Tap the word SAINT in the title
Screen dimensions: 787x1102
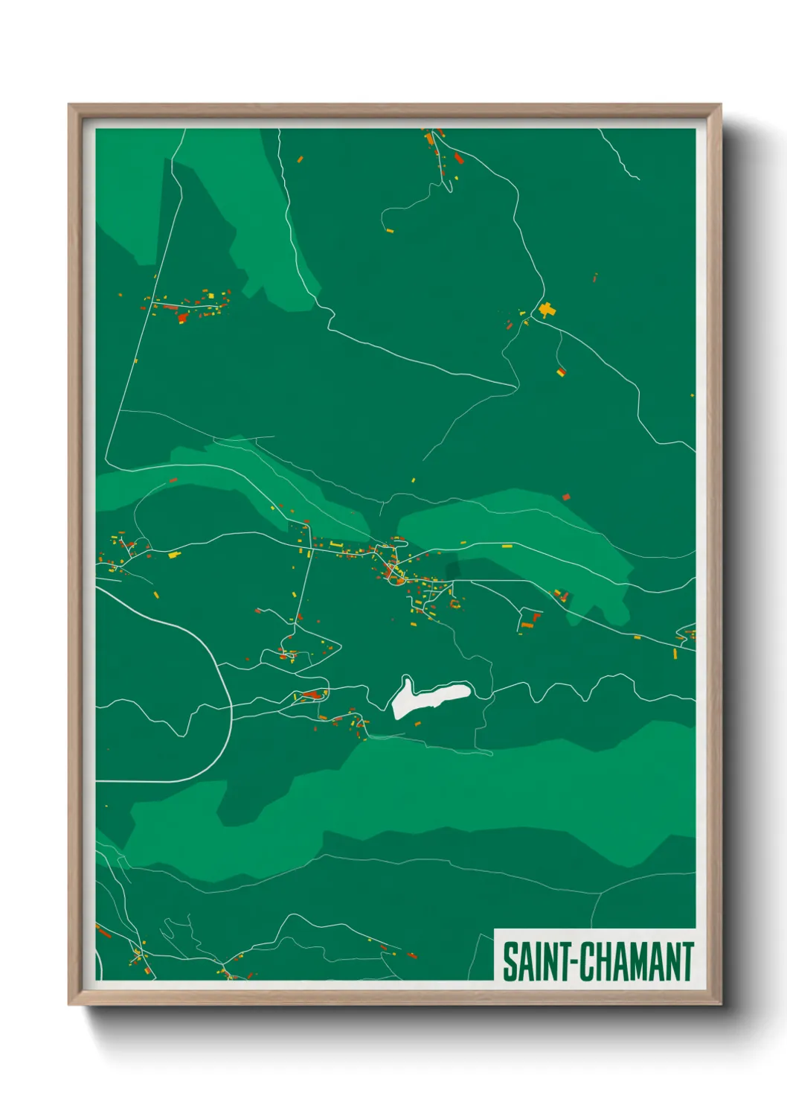535,962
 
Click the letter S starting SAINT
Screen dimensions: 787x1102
510,962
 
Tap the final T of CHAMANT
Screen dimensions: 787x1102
687,962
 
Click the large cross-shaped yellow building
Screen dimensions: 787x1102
547,310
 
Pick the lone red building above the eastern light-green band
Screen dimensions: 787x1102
566,496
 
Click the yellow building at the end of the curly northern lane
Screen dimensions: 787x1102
390,230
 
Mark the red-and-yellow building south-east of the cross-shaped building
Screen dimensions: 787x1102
561,371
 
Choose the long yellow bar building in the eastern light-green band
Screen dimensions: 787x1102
507,546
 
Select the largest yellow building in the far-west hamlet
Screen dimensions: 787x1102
173,555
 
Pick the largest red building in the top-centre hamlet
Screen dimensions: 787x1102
459,159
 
